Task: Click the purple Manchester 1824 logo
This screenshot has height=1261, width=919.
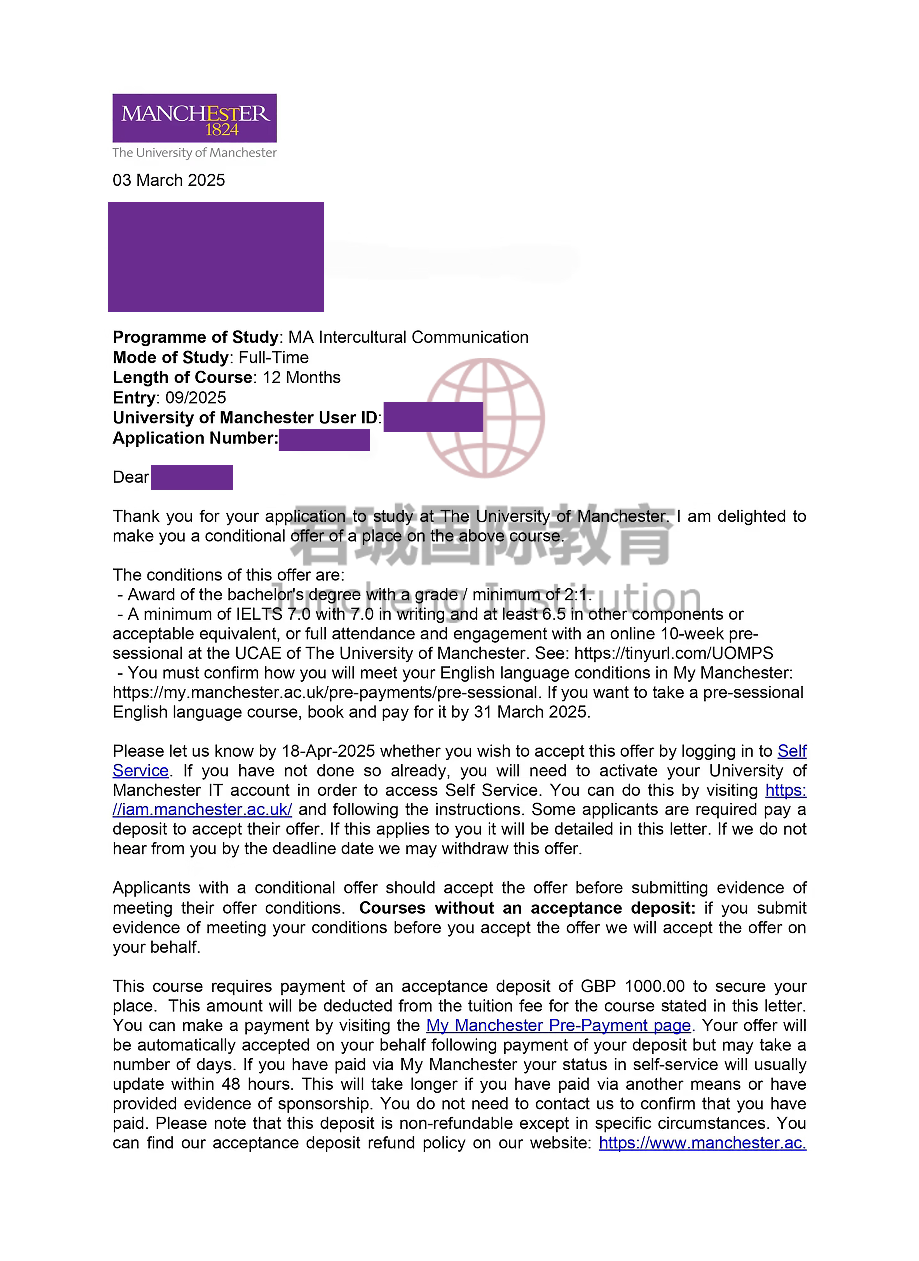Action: coord(194,118)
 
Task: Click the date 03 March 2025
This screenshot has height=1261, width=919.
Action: coord(169,180)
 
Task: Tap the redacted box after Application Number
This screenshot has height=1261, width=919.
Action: coord(324,439)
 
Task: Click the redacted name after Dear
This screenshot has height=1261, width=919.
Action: coord(192,477)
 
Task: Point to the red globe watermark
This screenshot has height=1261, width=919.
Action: coord(485,418)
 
